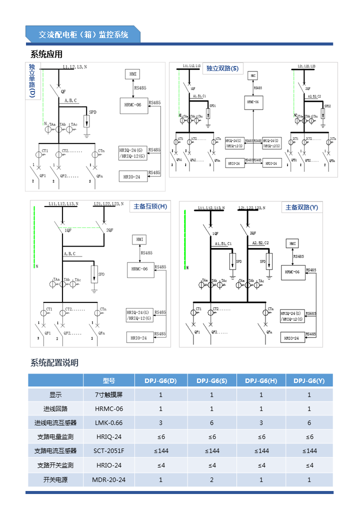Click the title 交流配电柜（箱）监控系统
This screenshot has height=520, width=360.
point(83,34)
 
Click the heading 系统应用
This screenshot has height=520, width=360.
point(46,54)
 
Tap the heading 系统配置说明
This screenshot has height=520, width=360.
point(54,363)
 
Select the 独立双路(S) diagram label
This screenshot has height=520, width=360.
point(222,68)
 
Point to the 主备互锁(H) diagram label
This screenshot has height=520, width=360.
point(150,206)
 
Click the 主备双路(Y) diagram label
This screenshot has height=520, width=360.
point(301,207)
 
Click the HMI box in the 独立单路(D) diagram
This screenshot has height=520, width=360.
point(132,74)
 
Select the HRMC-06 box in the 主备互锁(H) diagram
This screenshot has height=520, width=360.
point(139,269)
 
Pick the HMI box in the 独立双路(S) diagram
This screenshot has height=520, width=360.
point(253,76)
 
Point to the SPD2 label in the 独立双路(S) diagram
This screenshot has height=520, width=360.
point(327,106)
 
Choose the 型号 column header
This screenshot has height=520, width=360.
point(109,380)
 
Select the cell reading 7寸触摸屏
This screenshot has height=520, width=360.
point(109,394)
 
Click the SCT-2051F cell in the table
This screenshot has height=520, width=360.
point(109,451)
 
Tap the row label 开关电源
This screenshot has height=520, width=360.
point(55,480)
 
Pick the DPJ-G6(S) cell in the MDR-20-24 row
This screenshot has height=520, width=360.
point(211,480)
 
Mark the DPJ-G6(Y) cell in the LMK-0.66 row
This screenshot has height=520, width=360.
point(309,423)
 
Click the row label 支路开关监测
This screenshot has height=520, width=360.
point(55,465)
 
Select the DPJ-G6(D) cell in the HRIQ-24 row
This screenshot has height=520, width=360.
point(161,437)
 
